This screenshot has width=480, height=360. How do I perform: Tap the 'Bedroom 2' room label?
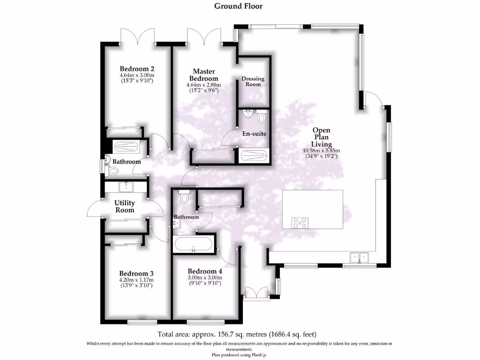[x=137, y=68]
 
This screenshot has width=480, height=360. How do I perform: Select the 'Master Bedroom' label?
[x=203, y=75]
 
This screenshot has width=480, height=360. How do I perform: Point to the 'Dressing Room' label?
[x=253, y=81]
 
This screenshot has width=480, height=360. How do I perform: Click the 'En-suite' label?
[x=254, y=134]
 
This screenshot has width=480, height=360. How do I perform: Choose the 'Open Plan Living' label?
[x=322, y=137]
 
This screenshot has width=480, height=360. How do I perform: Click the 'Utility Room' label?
[x=125, y=206]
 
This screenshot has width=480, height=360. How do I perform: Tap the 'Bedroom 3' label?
[x=136, y=273]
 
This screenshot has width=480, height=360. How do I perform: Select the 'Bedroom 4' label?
[x=204, y=271]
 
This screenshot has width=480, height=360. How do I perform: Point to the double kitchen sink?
[x=360, y=257]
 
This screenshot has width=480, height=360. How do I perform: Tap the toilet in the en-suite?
[x=261, y=116]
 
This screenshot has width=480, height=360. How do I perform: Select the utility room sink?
[x=126, y=187]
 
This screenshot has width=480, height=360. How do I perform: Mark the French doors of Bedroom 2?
[x=137, y=37]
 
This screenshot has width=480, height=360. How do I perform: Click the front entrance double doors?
[x=256, y=293]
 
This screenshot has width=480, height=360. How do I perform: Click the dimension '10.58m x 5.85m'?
[x=321, y=150]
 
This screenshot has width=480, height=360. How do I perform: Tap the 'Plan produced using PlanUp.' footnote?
[x=240, y=355]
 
